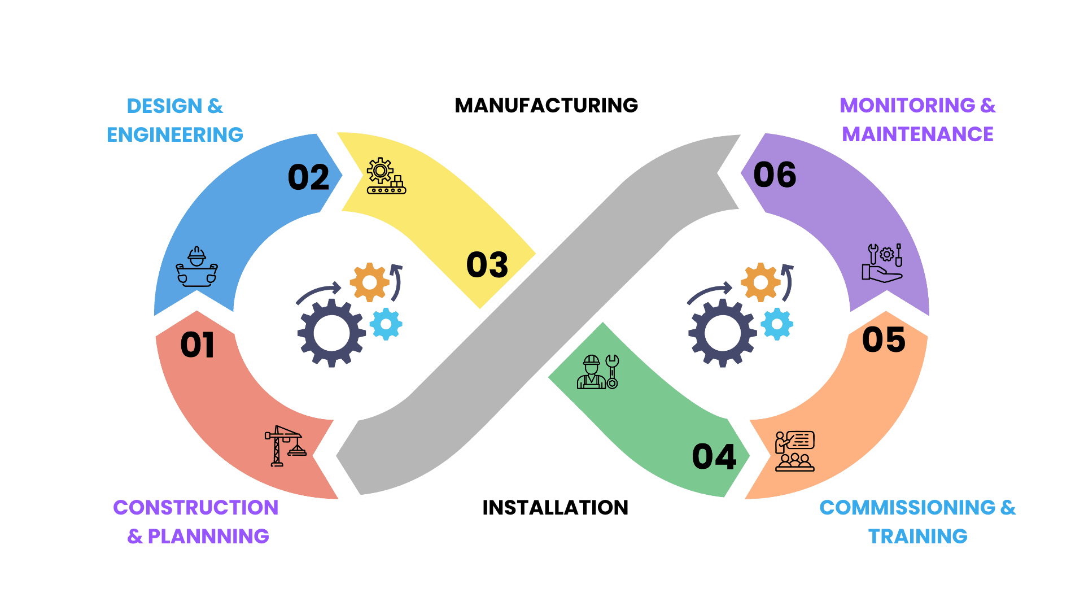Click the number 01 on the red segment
tap(197, 345)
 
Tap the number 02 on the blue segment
tap(308, 178)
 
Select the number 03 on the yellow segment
tap(487, 265)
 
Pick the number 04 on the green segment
tap(714, 457)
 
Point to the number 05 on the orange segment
tap(884, 340)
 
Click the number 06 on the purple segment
tap(775, 175)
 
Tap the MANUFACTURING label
tap(546, 106)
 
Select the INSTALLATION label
tap(555, 508)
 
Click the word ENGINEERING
tap(175, 135)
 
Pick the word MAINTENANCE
tap(917, 134)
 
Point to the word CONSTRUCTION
tap(195, 508)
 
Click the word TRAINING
tap(917, 536)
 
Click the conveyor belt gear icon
tap(386, 176)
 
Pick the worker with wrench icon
tap(597, 372)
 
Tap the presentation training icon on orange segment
tap(794, 451)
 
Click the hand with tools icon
tap(882, 263)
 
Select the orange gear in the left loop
tap(369, 282)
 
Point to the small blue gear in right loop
tap(777, 324)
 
